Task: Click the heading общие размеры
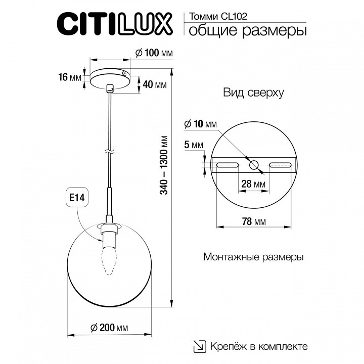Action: [x=247, y=31]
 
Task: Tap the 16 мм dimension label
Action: [x=70, y=77]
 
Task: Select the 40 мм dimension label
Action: [x=155, y=84]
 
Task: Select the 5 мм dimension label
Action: [x=194, y=145]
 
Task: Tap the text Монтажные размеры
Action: [x=253, y=257]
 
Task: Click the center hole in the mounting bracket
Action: [x=254, y=164]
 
